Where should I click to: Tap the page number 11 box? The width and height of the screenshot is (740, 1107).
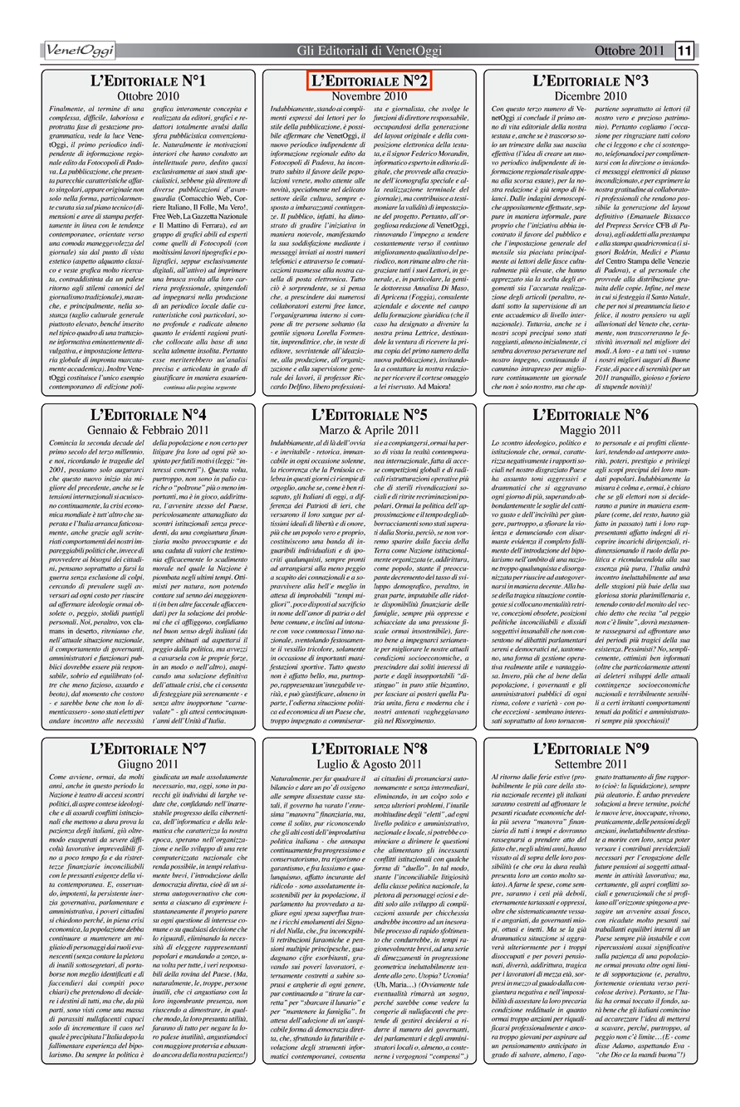click(685, 52)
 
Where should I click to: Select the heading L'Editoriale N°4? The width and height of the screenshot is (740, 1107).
click(149, 413)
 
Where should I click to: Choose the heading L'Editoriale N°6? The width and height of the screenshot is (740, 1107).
click(591, 413)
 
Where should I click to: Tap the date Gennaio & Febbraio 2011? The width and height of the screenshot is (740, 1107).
click(149, 430)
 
